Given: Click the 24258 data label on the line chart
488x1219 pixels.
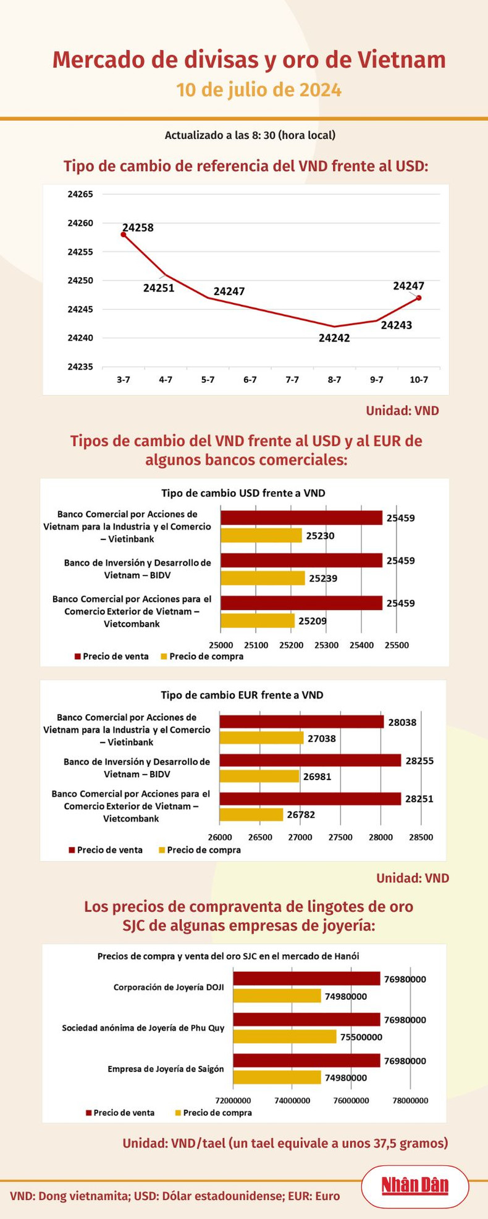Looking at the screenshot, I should click(x=138, y=228).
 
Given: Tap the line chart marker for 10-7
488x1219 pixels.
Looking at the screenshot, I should click(x=419, y=297).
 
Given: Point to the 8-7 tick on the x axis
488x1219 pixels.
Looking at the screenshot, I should click(x=334, y=380).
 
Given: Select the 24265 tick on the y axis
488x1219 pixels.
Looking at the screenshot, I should click(x=80, y=194).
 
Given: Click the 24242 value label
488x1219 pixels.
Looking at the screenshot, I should click(x=334, y=338).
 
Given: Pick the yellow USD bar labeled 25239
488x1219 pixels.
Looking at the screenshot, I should click(x=263, y=578).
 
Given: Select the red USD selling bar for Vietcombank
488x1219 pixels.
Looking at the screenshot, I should click(x=301, y=603).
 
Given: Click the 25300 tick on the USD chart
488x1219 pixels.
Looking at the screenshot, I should click(x=326, y=645).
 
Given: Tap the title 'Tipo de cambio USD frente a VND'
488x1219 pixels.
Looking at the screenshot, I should click(x=243, y=493).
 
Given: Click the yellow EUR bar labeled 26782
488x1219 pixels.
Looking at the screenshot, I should click(x=251, y=815).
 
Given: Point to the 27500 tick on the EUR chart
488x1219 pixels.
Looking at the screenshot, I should click(x=340, y=838).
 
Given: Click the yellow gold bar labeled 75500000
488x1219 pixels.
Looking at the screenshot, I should click(x=285, y=1037).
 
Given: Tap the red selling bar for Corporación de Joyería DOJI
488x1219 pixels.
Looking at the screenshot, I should click(x=306, y=979).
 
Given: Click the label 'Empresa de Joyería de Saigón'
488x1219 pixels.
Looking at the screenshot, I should click(x=166, y=1069).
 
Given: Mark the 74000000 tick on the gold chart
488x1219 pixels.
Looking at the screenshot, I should click(x=292, y=1100).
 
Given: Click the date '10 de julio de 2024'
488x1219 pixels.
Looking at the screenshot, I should click(x=259, y=90).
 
